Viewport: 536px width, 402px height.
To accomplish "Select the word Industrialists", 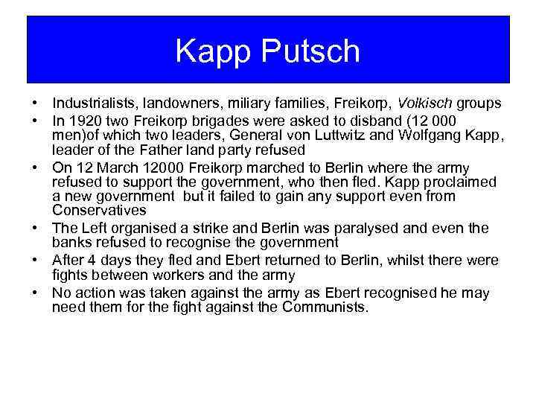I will (x=91, y=103).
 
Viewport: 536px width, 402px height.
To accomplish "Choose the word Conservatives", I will (x=99, y=211).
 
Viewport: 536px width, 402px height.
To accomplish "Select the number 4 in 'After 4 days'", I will (x=92, y=261).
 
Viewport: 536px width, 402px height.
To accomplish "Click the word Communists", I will (x=325, y=307).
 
